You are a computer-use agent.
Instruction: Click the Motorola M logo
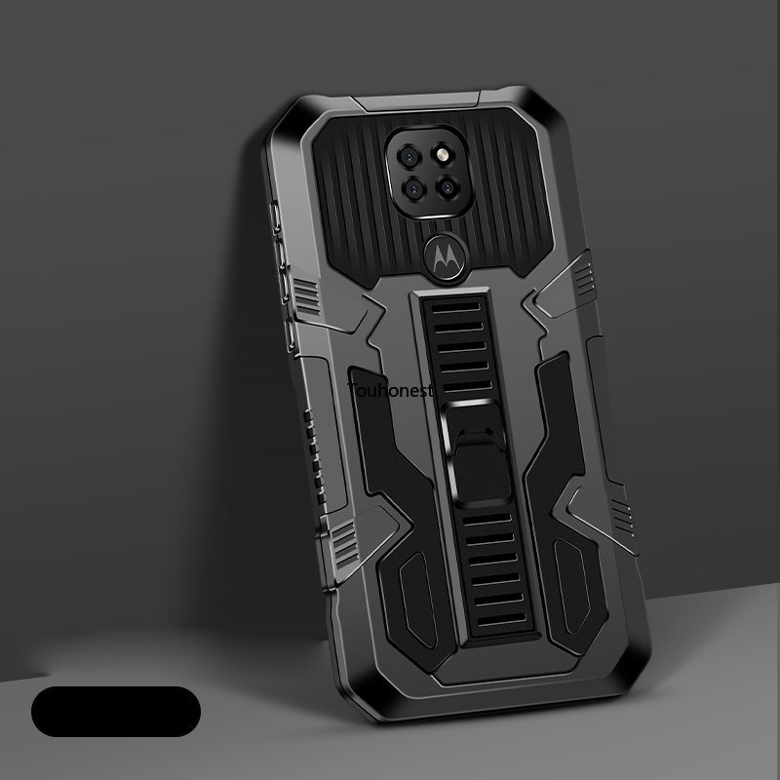tap(446, 258)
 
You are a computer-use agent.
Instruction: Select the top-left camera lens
tap(409, 157)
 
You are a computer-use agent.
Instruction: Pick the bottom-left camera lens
tap(413, 189)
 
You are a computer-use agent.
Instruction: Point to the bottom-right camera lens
tap(447, 187)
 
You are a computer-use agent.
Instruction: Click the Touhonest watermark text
tap(391, 391)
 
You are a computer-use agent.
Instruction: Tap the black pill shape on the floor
tap(116, 712)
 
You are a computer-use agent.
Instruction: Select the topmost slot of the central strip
tap(456, 307)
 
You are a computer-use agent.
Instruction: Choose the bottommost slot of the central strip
tap(502, 620)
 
